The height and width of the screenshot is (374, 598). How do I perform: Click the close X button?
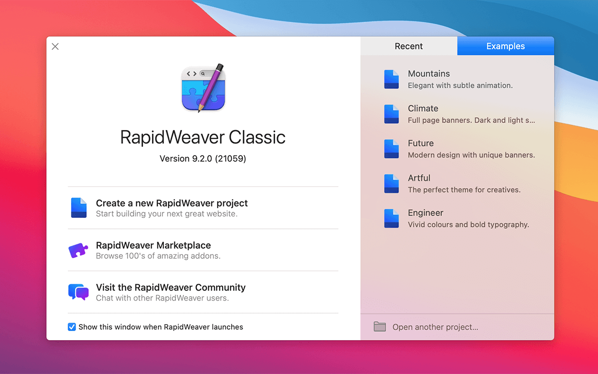pos(55,46)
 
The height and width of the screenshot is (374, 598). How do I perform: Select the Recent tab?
pos(409,46)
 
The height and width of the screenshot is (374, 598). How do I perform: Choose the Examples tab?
pos(506,46)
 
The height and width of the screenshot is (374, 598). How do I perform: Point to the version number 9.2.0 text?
pos(203,159)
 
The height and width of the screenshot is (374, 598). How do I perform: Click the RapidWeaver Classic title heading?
pos(203,137)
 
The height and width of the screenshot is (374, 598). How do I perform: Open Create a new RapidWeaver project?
pos(171,203)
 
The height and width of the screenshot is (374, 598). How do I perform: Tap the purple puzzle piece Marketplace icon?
pos(78,250)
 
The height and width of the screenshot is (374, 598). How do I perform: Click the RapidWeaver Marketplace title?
pos(153,245)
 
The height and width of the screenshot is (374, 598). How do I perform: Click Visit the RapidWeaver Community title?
pos(170,287)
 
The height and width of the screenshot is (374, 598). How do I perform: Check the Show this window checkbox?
pos(72,327)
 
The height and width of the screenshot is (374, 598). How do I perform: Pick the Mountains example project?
pos(429,74)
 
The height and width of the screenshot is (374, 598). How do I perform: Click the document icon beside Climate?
pos(391,114)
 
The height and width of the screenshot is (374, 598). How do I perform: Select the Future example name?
pos(421,143)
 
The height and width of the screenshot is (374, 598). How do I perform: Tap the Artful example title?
pos(419,178)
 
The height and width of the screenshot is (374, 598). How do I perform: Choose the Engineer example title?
pos(426,213)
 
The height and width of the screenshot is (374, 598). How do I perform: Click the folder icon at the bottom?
pos(380,327)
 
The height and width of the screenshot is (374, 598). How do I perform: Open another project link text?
pos(435,327)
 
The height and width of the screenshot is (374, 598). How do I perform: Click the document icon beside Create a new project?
pos(79,207)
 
